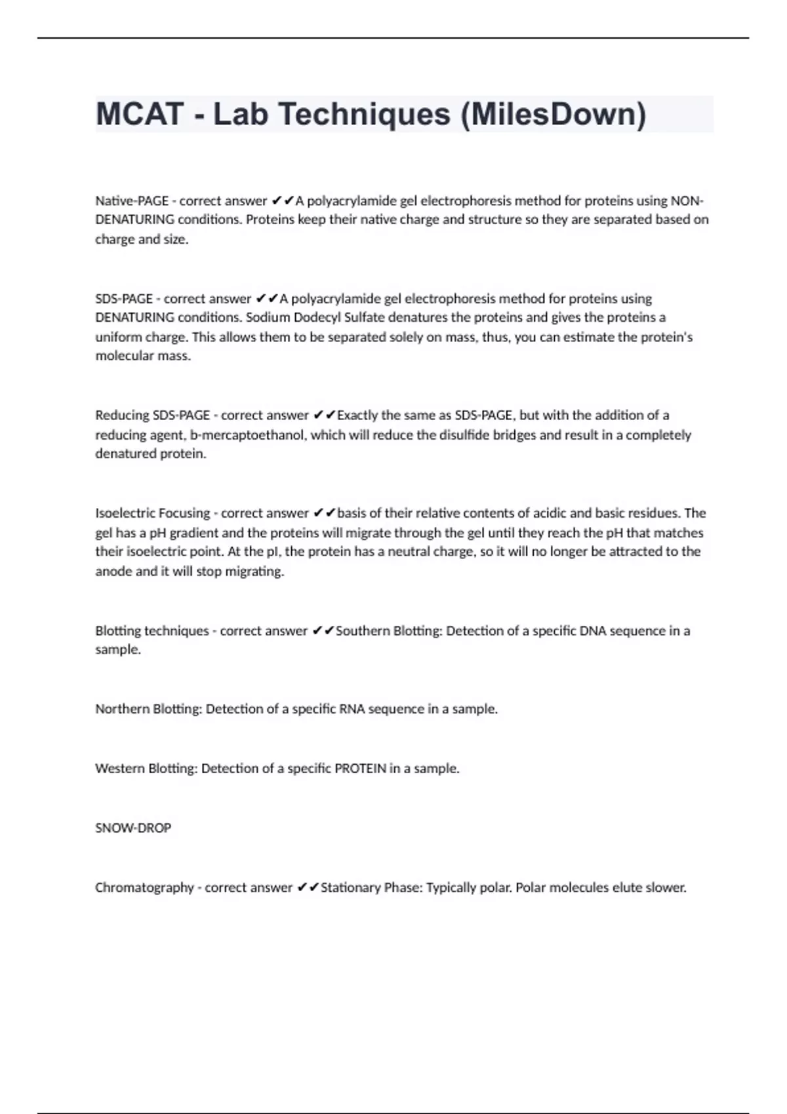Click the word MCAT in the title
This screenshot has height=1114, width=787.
[x=139, y=114]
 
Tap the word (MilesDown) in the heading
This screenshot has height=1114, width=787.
[x=553, y=114]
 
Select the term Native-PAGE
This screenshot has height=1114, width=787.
[x=132, y=201]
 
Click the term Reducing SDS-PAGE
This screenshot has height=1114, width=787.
[x=152, y=415]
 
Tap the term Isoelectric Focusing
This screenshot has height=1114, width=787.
[x=152, y=513]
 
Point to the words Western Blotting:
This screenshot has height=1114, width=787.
[x=146, y=769]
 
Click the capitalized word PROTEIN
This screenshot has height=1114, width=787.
[x=360, y=769]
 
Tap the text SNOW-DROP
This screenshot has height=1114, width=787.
[x=133, y=828]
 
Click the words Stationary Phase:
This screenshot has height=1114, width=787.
[x=371, y=888]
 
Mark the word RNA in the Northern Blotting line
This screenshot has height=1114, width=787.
[x=352, y=709]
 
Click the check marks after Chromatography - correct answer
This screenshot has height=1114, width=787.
[x=308, y=888]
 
